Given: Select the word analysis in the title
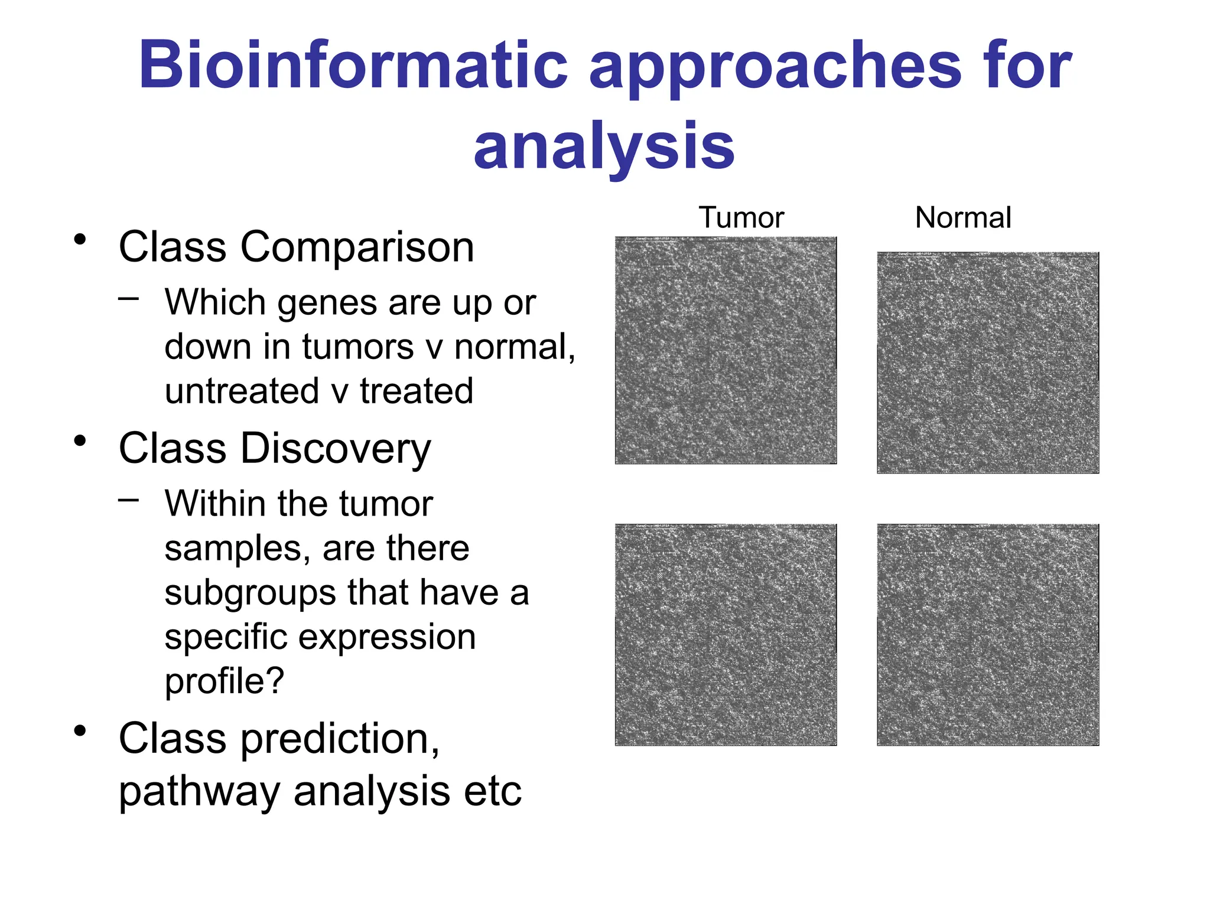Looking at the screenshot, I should coord(604,145).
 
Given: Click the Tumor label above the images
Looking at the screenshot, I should coord(741,217).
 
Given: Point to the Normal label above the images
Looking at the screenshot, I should coord(963,217).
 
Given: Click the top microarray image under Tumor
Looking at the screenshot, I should coord(726,350).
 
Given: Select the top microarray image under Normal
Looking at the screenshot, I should coord(988,363).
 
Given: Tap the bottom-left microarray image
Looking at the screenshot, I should coord(726,635).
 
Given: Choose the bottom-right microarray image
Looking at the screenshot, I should coord(988,635).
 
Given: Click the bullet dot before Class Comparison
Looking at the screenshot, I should coord(80,240).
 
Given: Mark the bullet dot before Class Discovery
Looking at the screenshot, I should coord(80,441).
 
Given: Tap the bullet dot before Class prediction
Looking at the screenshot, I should coord(80,731).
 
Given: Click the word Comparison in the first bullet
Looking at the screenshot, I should coord(357,247).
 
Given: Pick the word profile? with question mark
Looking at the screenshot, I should coord(225,681).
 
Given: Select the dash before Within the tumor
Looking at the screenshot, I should coord(128,501).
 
